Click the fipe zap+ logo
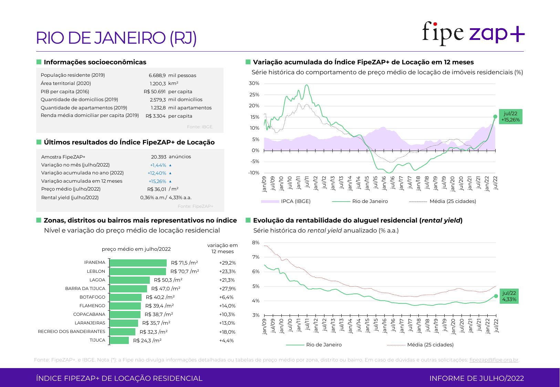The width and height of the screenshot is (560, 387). [473, 33]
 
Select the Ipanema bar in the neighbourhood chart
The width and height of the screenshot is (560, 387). [138, 263]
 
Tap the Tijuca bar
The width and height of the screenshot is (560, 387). [119, 340]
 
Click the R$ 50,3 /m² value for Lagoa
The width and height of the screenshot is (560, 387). [168, 280]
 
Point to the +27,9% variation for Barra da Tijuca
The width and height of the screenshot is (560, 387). [227, 289]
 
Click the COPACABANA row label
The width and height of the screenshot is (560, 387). [89, 314]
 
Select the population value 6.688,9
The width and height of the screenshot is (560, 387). [157, 75]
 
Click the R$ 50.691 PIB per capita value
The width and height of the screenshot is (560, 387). [155, 92]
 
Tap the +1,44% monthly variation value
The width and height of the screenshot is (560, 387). [158, 165]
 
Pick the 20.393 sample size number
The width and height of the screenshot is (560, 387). [158, 157]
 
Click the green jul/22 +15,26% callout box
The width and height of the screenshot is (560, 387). [510, 117]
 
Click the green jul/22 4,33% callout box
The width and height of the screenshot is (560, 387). [509, 296]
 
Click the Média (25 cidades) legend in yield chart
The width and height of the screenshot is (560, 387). [430, 345]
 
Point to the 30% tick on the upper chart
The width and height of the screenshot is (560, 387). [254, 83]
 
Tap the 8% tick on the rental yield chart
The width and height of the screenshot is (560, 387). [256, 243]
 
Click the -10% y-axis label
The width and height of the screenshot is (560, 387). [254, 173]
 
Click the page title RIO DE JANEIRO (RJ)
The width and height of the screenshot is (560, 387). [116, 38]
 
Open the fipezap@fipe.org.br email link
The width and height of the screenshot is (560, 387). [494, 360]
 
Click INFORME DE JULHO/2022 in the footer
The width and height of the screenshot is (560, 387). [476, 378]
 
